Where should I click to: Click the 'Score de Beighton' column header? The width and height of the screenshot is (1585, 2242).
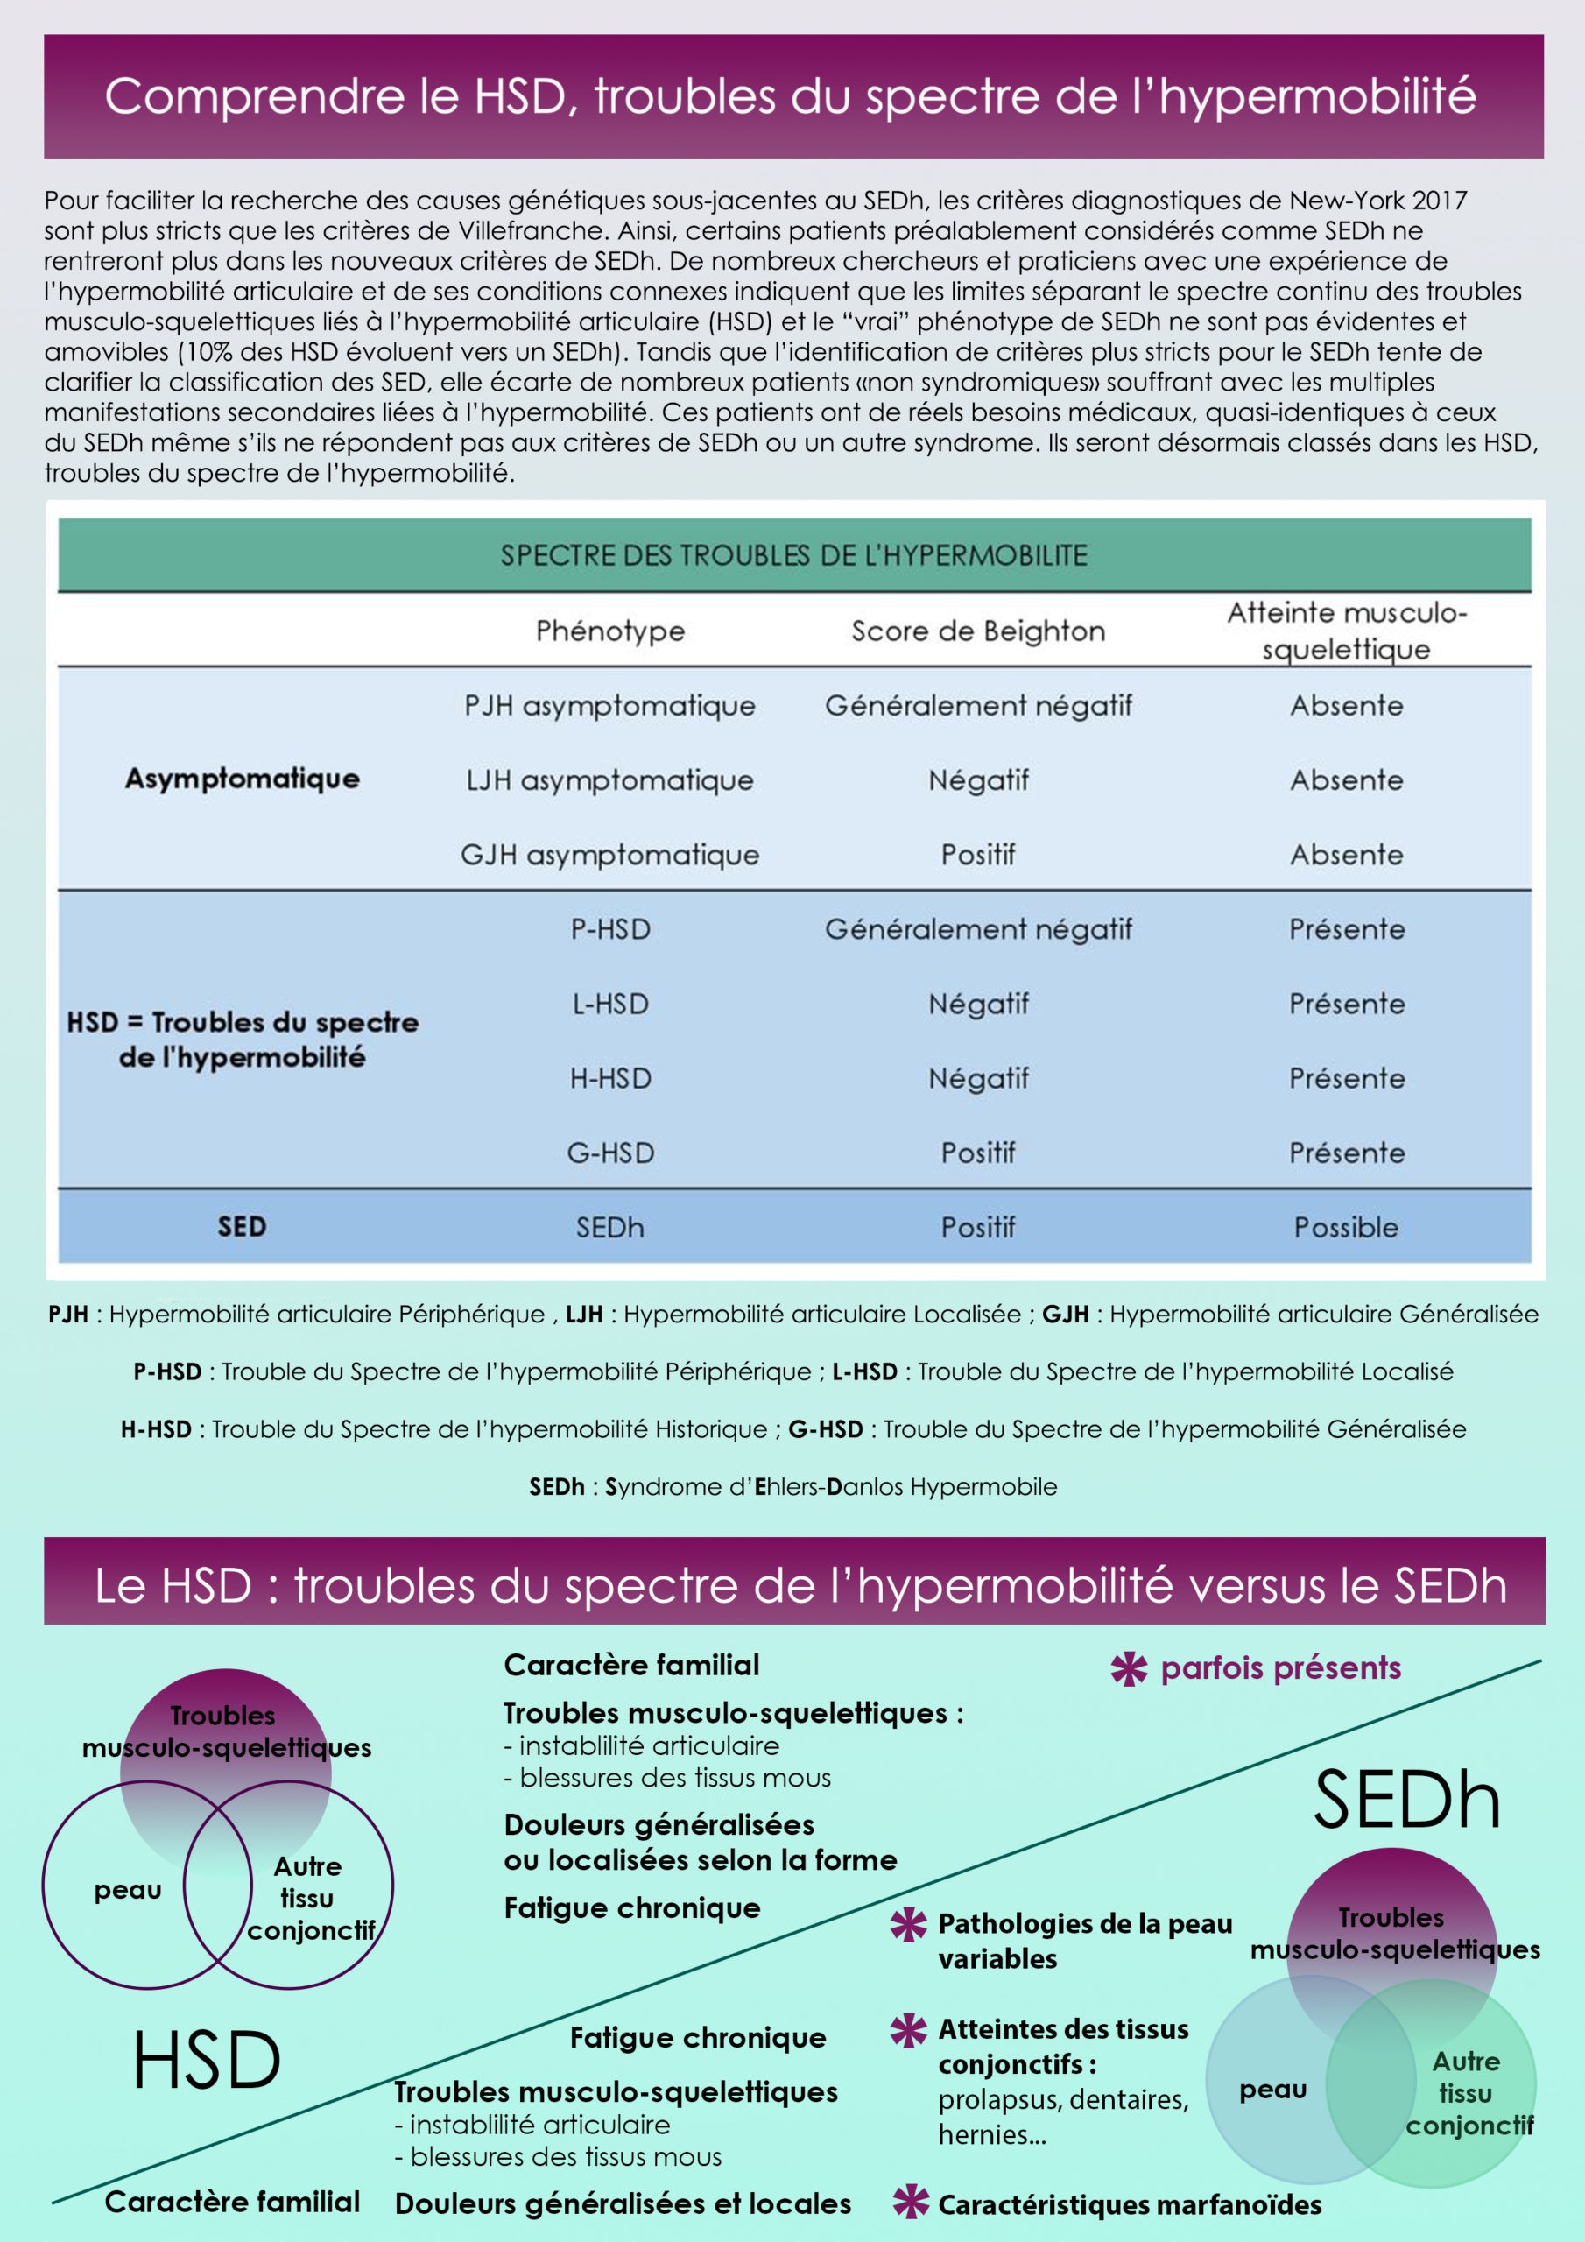coord(977,631)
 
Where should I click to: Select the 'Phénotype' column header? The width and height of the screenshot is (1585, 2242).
coord(610,631)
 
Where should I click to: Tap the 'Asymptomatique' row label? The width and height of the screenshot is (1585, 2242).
coord(243,779)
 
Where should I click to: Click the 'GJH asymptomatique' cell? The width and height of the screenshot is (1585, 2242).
coord(610,855)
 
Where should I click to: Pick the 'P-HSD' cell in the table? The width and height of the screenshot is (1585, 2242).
coord(610,928)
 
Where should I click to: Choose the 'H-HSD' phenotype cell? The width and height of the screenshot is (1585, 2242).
coord(610,1078)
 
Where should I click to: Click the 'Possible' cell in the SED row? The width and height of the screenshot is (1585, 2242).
coord(1346,1228)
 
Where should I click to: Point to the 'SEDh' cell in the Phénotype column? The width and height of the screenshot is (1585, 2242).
coord(610,1228)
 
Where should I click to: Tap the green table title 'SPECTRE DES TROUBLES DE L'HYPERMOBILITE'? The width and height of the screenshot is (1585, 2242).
coord(794,555)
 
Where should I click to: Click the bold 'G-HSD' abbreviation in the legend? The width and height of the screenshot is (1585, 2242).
coord(825,1428)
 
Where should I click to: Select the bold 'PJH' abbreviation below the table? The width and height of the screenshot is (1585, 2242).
coord(68,1315)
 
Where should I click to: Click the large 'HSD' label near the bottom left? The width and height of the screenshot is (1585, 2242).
coord(207,2061)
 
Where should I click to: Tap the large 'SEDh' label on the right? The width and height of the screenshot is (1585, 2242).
coord(1406,1800)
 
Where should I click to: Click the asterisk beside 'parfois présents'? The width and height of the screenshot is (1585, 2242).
coord(1129,1669)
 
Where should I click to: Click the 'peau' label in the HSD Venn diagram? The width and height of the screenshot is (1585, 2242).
coord(128,1891)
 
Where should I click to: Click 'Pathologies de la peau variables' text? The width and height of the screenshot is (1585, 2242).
coord(1084,1940)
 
